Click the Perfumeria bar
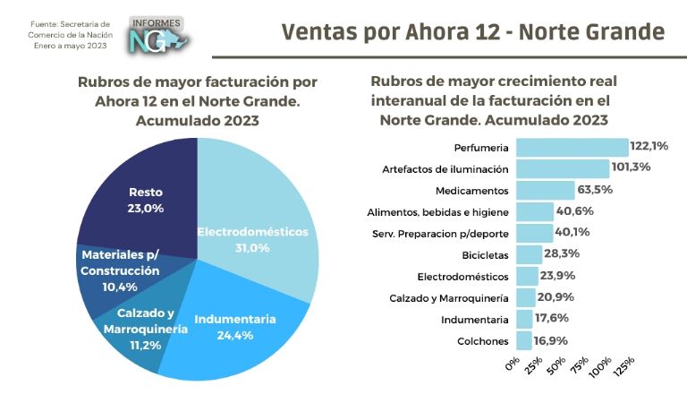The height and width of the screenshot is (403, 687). tap(572, 147)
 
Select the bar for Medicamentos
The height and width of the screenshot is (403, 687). tap(545, 190)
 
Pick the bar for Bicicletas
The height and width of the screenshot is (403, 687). tap(529, 254)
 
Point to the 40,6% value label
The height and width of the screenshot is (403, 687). tap(576, 211)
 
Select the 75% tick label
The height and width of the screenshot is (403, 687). tap(577, 368)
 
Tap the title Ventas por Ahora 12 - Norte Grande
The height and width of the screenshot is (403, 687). tap(473, 32)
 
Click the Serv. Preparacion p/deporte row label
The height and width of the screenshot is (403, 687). tap(440, 233)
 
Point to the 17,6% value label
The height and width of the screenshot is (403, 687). tap(552, 319)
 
